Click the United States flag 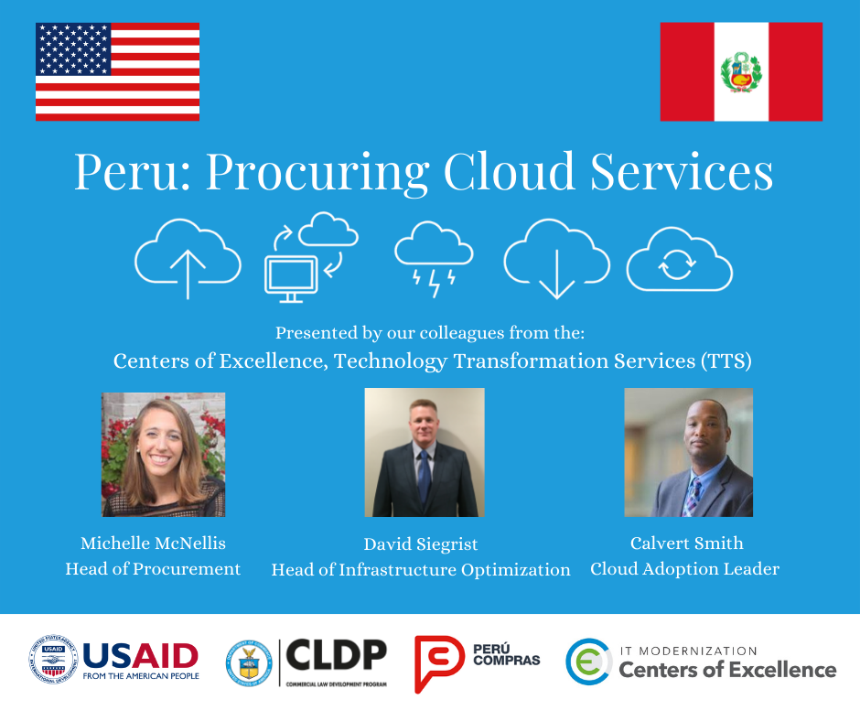[x=117, y=72]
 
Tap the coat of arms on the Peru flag [x=741, y=72]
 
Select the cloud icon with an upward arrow [x=188, y=259]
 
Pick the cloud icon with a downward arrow [x=556, y=258]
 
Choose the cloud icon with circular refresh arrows [x=679, y=260]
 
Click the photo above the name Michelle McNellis [x=164, y=455]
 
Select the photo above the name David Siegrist [x=425, y=452]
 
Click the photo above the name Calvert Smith [x=688, y=452]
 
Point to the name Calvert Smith [x=685, y=543]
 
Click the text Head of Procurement [x=153, y=569]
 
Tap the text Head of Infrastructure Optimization [x=421, y=570]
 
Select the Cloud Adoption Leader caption [x=685, y=569]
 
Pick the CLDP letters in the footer [x=337, y=655]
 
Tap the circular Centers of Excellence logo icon [x=588, y=662]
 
